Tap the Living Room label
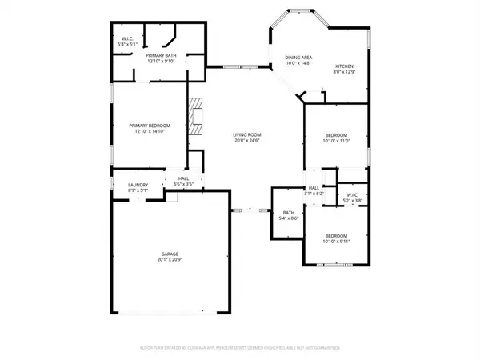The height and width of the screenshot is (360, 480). tap(248, 135)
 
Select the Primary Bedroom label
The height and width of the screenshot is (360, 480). tap(150, 126)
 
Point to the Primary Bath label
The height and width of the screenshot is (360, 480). tap(161, 54)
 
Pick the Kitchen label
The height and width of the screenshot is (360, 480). tap(344, 67)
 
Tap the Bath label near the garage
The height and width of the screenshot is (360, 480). tap(288, 212)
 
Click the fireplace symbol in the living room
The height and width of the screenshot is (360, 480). tap(197, 114)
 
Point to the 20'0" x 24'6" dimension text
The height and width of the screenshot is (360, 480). tap(248, 141)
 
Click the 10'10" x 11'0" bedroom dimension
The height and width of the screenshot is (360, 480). tap(336, 140)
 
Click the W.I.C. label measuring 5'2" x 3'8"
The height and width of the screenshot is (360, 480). tap(353, 200)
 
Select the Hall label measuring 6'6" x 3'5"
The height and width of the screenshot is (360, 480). tap(183, 185)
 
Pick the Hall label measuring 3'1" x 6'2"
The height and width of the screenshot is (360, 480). tap(314, 193)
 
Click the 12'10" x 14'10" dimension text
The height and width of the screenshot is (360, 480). tap(150, 131)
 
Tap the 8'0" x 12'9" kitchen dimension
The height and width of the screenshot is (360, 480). tap(344, 73)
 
